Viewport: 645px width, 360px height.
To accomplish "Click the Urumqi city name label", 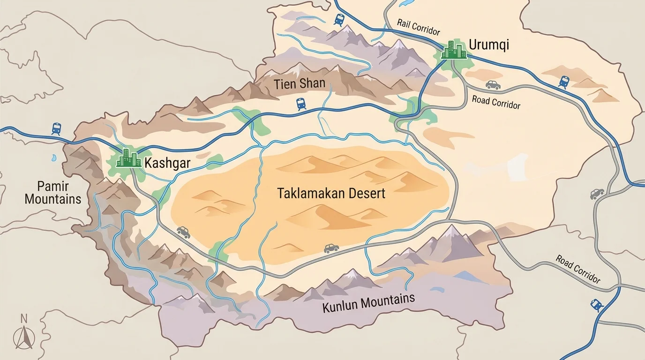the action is (x=488, y=45).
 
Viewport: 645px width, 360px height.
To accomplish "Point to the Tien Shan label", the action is (x=300, y=84).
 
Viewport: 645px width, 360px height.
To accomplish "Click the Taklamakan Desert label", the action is (x=331, y=193).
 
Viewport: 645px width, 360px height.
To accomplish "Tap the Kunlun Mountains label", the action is (x=368, y=303).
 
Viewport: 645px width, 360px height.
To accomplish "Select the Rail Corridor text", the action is (x=418, y=28).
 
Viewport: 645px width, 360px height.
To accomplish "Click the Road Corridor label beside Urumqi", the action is (x=496, y=102).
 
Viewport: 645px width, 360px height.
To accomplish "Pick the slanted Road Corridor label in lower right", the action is (x=577, y=269).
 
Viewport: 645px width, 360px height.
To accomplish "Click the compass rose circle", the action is (x=23, y=337).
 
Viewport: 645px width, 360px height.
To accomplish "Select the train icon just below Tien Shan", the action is (x=301, y=104).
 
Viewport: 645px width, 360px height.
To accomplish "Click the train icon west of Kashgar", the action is (x=56, y=128).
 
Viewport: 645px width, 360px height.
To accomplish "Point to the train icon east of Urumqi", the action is (x=564, y=82).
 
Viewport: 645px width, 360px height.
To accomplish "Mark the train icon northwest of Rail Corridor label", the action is (x=339, y=19).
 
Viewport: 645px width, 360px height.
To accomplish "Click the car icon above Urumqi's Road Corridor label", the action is (x=492, y=85).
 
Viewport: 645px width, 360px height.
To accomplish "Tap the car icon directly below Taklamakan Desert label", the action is (x=331, y=248).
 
